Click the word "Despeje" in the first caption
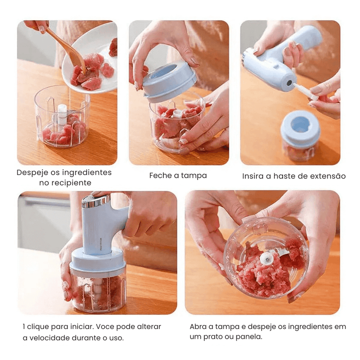[x=32, y=173]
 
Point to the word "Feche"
[x=161, y=175]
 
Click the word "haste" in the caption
[x=284, y=176]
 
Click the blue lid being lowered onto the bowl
[x=170, y=81]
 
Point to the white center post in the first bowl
[x=62, y=114]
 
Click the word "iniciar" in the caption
[x=81, y=327]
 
